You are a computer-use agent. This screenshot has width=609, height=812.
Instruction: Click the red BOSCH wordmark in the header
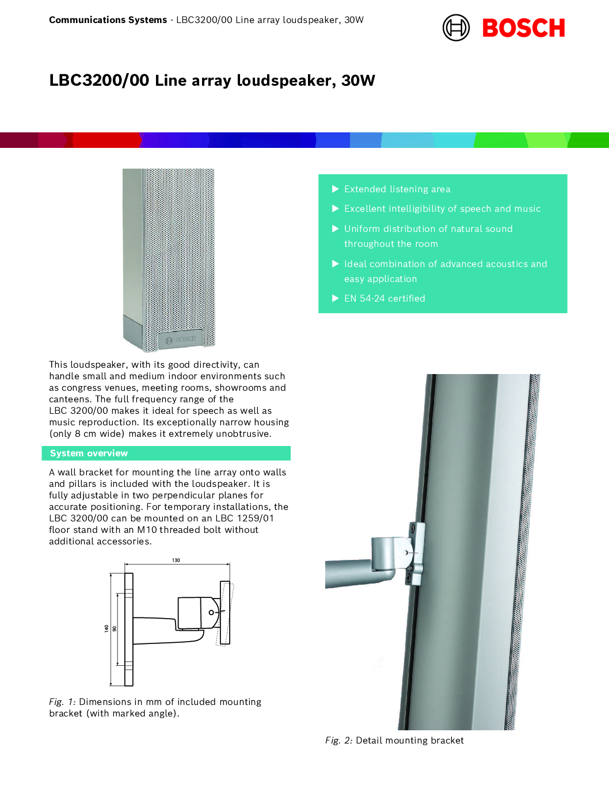click(x=523, y=28)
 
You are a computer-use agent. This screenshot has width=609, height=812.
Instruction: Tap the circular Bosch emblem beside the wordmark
click(x=456, y=28)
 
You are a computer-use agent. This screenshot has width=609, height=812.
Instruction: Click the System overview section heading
click(x=89, y=453)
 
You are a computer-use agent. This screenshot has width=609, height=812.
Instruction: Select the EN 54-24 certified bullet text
click(x=385, y=299)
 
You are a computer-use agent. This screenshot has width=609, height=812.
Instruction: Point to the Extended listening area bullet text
click(x=397, y=189)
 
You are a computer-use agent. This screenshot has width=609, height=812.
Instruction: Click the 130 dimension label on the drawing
click(x=176, y=560)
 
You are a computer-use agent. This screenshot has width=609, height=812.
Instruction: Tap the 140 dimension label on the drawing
click(x=106, y=628)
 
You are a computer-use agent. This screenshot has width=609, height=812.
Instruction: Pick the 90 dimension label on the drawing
click(x=114, y=629)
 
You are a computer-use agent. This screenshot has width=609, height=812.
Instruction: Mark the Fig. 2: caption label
click(x=338, y=741)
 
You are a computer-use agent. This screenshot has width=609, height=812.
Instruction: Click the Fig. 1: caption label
click(x=62, y=702)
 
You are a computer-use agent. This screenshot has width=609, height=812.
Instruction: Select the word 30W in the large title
click(x=358, y=81)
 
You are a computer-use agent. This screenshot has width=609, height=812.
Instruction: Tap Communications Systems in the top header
click(x=108, y=20)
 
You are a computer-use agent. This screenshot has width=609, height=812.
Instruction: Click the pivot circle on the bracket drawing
click(x=211, y=612)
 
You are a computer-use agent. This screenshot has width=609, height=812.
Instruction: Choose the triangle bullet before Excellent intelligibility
click(x=336, y=208)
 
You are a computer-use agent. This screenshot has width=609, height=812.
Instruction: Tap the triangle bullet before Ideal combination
click(x=336, y=264)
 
